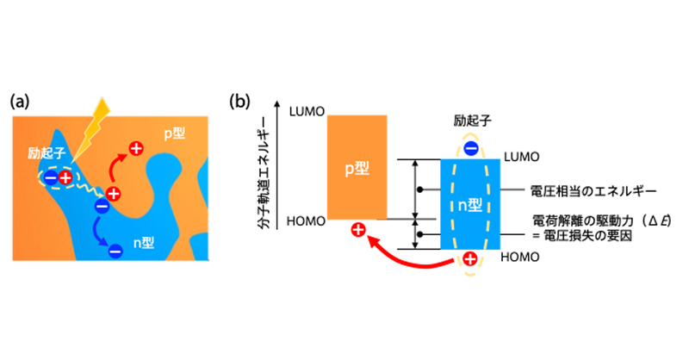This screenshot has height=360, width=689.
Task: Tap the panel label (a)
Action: pos(21,102)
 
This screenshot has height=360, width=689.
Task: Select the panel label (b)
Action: pos(239,102)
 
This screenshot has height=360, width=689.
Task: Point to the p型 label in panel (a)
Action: pos(177,134)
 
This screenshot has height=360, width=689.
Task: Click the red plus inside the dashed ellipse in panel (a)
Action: pos(65,177)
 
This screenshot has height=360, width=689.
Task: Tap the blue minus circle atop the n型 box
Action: pos(470,149)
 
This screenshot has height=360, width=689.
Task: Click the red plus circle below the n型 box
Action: pos(470,259)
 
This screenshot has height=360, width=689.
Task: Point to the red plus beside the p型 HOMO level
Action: pos(358,230)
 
